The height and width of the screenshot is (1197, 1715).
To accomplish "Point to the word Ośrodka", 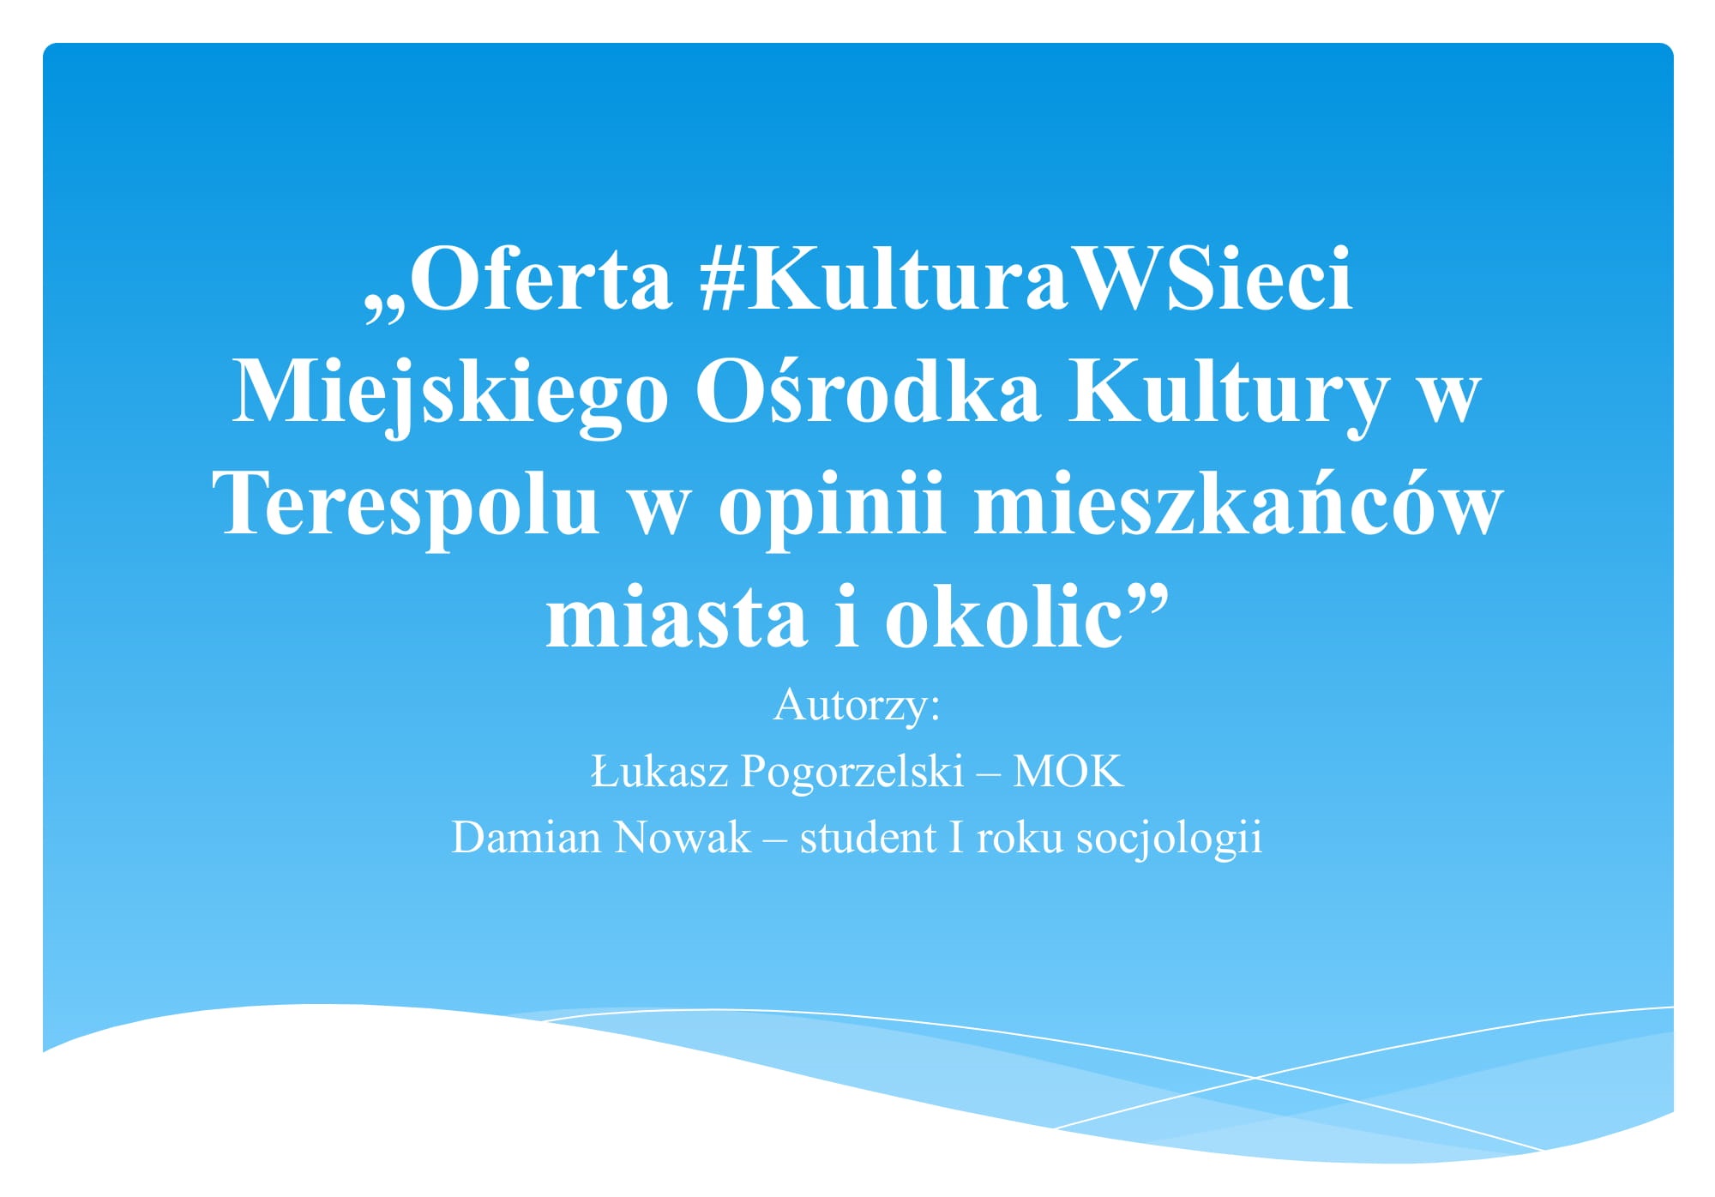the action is (x=867, y=389).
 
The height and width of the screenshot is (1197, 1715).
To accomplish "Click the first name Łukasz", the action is (x=660, y=770).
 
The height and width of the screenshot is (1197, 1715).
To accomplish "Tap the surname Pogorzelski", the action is (x=852, y=772).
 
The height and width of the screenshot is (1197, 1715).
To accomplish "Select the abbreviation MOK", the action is (x=1068, y=770).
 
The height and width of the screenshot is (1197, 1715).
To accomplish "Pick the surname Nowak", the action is (x=683, y=837).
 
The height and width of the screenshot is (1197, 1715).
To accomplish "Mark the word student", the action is (x=868, y=837).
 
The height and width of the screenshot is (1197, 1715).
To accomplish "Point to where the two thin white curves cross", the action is (x=1255, y=1077).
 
